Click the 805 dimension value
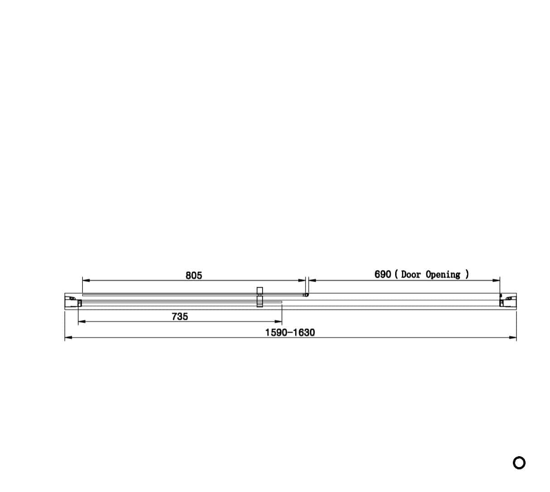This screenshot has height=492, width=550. pos(194,275)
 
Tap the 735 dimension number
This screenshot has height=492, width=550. pos(180,317)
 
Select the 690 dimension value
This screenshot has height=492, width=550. pos(383,275)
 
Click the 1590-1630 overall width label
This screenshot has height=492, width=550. pos(290,333)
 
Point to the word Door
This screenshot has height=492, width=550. pos(411,275)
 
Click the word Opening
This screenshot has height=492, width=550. pos(443,275)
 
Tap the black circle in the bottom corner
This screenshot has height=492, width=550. pos(519,463)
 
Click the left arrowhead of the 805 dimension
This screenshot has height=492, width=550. pos(86,280)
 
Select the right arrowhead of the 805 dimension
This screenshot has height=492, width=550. pos(302,280)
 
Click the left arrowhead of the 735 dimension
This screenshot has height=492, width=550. pos(82,321)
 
